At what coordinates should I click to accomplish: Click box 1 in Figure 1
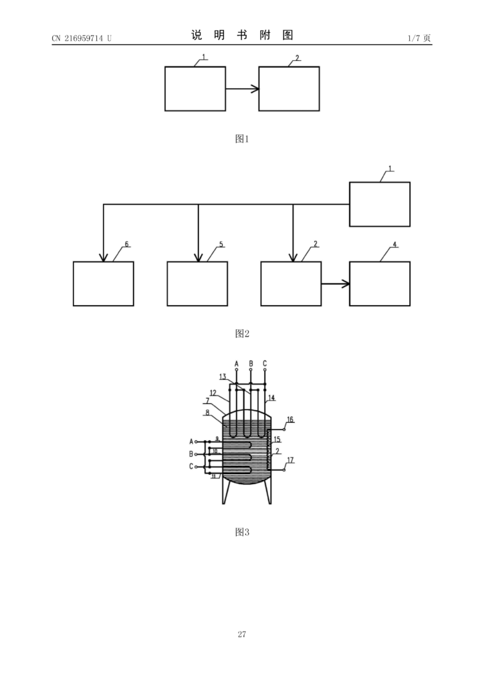(195, 89)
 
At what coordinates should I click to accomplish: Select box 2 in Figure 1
(289, 89)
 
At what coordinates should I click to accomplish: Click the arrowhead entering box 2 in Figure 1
(255, 89)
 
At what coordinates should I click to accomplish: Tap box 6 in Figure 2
(104, 284)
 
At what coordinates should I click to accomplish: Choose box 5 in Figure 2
(197, 284)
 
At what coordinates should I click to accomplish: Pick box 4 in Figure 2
(380, 284)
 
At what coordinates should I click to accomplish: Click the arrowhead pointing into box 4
(345, 284)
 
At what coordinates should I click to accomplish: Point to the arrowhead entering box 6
(104, 258)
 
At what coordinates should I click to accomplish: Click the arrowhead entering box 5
(198, 258)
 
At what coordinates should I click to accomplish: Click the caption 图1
(242, 139)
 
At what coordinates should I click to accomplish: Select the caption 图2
(242, 334)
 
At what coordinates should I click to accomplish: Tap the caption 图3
(242, 532)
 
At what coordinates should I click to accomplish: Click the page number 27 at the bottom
(242, 634)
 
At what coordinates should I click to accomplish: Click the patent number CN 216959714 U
(82, 38)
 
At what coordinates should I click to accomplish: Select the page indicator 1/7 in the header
(414, 38)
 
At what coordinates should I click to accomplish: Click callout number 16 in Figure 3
(290, 420)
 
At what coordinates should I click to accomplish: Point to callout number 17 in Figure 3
(290, 460)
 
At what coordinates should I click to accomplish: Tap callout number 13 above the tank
(223, 377)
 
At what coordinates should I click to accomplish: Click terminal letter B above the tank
(251, 363)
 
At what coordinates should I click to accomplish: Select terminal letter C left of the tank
(191, 466)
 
